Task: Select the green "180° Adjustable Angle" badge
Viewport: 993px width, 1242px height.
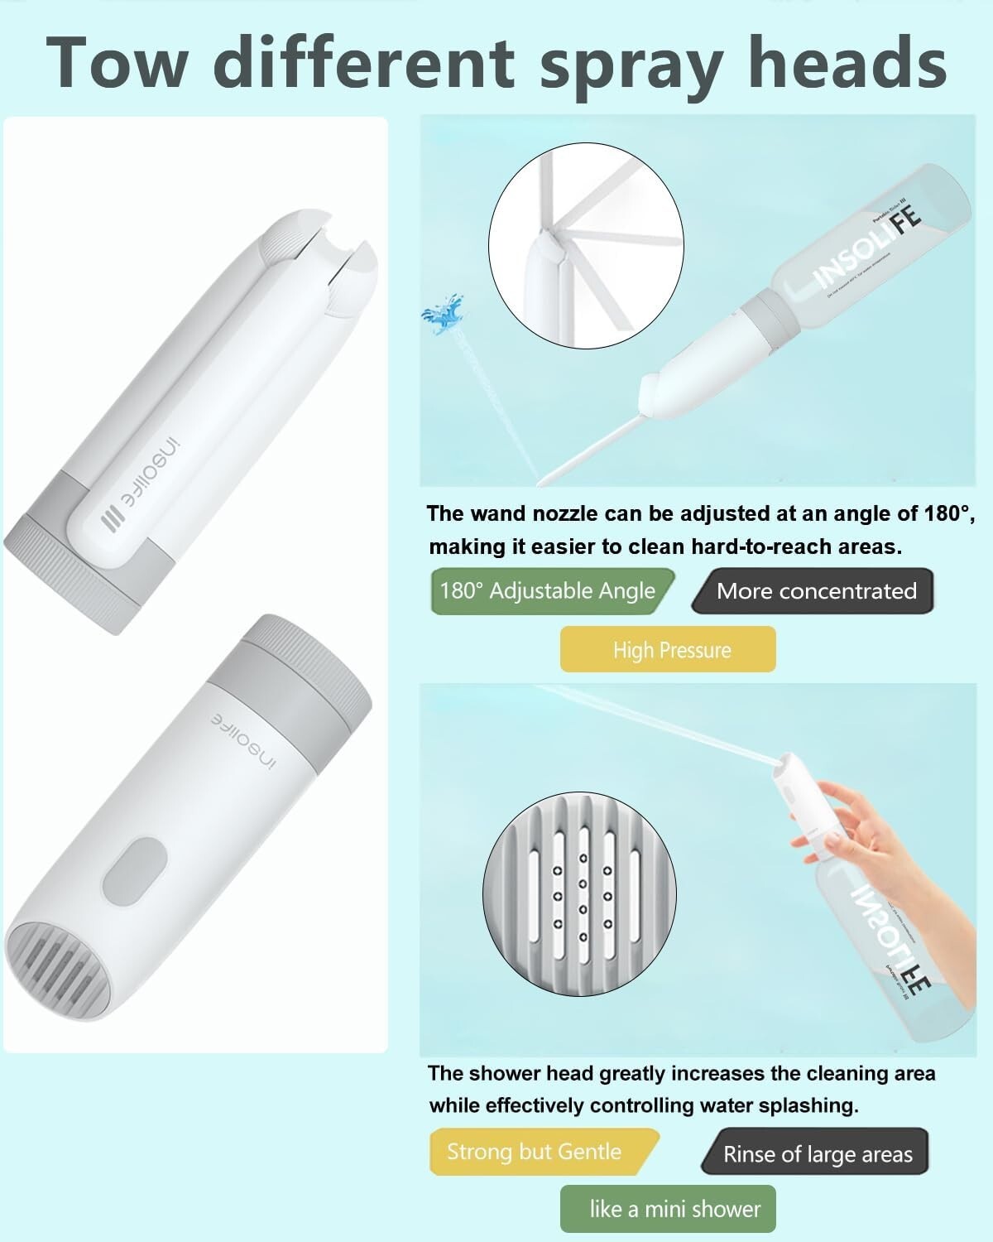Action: [x=549, y=591]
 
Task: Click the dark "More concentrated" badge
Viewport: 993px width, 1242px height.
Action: [x=814, y=591]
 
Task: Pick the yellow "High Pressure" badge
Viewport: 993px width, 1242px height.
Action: [x=669, y=649]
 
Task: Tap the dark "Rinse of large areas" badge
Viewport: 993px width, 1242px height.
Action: [x=816, y=1154]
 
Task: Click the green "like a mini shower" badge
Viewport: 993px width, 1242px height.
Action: [x=669, y=1208]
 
